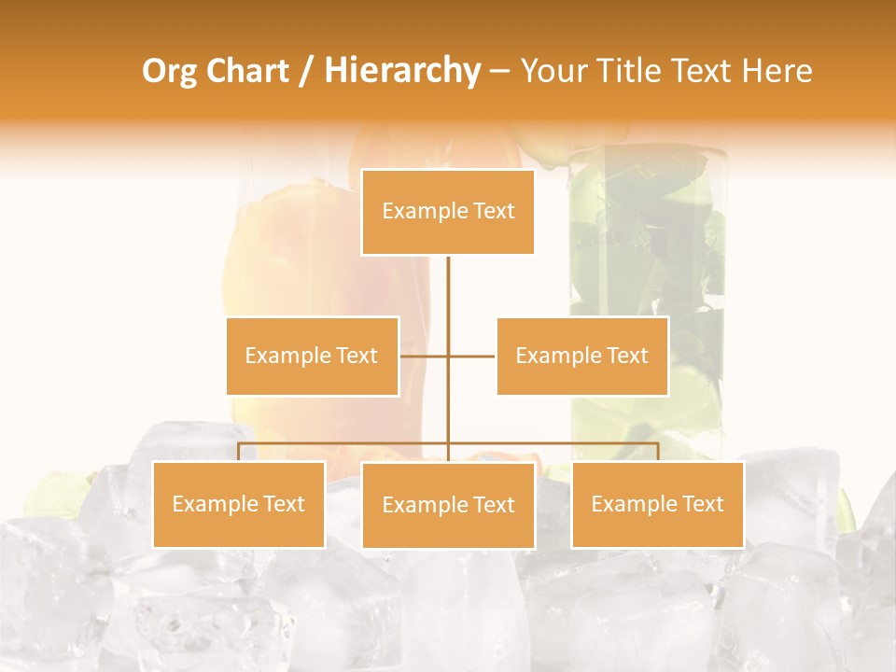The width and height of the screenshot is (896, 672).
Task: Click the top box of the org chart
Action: pyautogui.click(x=448, y=212)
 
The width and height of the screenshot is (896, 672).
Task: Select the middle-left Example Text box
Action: pyautogui.click(x=312, y=356)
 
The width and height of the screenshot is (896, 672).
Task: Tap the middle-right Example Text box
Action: pyautogui.click(x=581, y=356)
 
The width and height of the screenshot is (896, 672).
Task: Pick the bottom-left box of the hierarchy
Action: pyautogui.click(x=238, y=504)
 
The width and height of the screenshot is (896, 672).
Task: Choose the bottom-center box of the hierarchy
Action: pyautogui.click(x=448, y=505)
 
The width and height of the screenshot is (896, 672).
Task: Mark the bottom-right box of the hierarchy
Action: pyautogui.click(x=657, y=504)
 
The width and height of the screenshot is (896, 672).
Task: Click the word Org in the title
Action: pyautogui.click(x=168, y=71)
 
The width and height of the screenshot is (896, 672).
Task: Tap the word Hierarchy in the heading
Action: pyautogui.click(x=402, y=71)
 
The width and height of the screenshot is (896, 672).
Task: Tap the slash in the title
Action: pyautogui.click(x=307, y=71)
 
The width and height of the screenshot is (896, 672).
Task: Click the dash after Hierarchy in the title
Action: pyautogui.click(x=499, y=71)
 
